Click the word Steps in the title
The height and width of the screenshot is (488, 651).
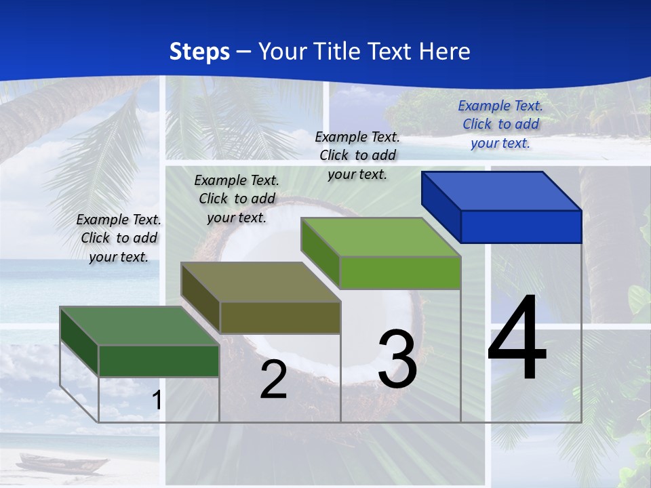[199, 52]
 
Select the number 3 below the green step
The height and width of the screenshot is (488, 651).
[397, 360]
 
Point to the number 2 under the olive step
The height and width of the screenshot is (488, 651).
[273, 380]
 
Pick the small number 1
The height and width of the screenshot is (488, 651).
[157, 400]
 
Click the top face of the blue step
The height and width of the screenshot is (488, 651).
[500, 190]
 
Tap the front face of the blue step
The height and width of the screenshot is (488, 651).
[521, 226]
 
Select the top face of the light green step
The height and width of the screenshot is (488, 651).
[380, 237]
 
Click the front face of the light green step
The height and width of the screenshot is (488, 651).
[400, 272]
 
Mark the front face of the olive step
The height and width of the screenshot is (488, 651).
[280, 317]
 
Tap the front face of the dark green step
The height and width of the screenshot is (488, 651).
[159, 361]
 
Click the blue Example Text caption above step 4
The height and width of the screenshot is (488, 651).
[500, 124]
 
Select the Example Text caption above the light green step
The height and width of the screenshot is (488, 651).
[357, 155]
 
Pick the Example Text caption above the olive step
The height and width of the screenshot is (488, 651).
[237, 199]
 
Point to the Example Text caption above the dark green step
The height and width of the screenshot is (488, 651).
[119, 238]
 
